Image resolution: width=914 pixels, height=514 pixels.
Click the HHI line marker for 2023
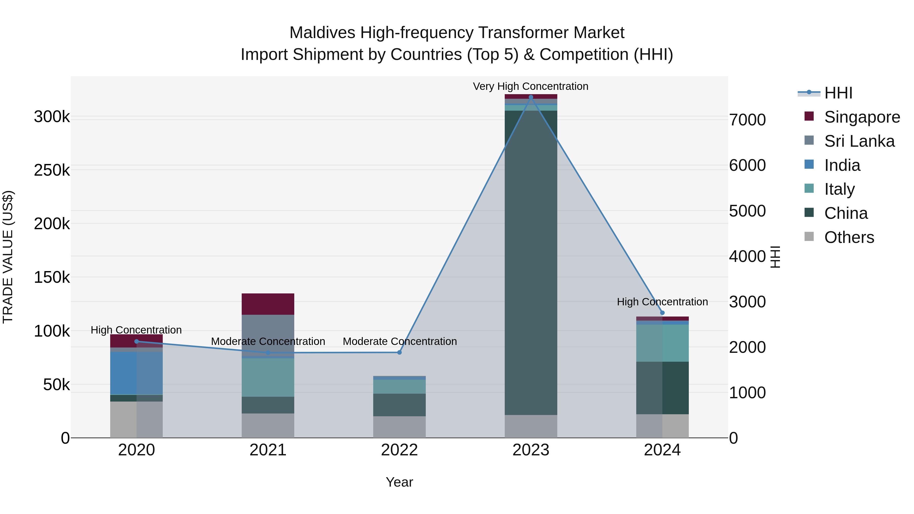tap(531, 97)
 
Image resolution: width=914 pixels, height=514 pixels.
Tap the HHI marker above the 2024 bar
tap(662, 313)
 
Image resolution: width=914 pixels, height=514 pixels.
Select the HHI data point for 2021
tap(268, 353)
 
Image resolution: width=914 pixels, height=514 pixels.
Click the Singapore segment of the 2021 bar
tap(268, 304)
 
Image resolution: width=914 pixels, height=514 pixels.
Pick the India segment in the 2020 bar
tap(136, 373)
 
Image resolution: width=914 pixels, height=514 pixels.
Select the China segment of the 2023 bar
tap(531, 262)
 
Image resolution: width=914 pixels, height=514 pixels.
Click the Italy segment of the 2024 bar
tap(662, 343)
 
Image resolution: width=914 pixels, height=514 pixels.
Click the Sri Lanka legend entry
tap(859, 141)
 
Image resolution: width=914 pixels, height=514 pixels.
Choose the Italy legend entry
tap(839, 189)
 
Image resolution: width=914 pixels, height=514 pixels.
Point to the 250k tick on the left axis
tap(52, 170)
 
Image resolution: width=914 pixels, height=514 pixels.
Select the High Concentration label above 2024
tap(662, 302)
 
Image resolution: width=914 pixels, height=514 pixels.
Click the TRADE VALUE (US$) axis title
tap(8, 257)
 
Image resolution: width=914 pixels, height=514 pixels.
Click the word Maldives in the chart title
tap(322, 33)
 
